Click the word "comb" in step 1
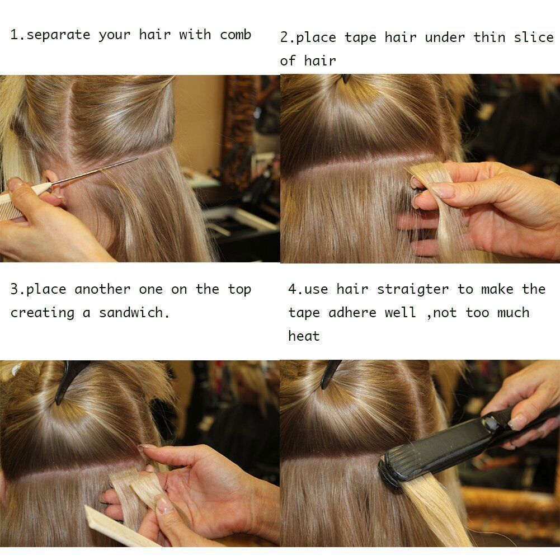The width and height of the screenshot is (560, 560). pos(236,35)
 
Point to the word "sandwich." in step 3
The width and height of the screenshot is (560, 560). pos(134,313)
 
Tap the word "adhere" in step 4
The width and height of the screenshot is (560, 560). pos(352,313)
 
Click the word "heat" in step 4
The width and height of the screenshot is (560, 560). pos(304,336)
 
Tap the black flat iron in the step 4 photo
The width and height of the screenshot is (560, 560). pos(461,446)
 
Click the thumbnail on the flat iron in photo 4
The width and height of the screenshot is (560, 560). pos(516,422)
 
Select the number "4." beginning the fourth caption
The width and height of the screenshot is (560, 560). pos(295,289)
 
